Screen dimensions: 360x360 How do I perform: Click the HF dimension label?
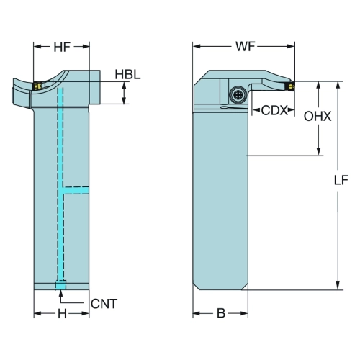(62, 47)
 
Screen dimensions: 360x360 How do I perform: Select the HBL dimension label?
(127, 74)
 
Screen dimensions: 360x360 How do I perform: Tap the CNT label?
(104, 304)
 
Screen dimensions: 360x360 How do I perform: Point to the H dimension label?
(62, 313)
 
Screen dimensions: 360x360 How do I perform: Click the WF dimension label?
(246, 47)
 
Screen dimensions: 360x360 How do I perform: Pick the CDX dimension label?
(274, 110)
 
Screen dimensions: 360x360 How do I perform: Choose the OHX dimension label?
(318, 117)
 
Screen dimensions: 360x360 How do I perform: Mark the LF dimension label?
(341, 180)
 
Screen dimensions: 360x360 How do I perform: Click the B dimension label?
(221, 313)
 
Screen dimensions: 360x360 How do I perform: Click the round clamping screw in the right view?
(238, 94)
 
